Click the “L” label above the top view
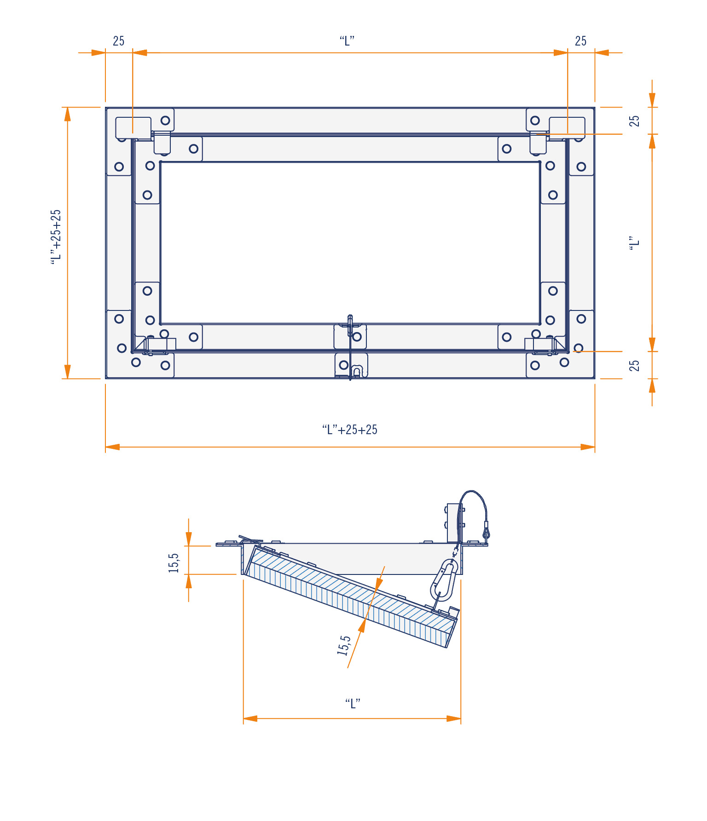(x=347, y=41)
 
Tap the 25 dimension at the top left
(x=119, y=41)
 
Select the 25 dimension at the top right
(x=581, y=41)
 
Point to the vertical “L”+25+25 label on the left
(x=56, y=237)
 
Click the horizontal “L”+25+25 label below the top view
(x=350, y=430)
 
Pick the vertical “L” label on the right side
(x=635, y=243)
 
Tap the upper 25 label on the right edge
(x=635, y=121)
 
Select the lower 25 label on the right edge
(x=635, y=365)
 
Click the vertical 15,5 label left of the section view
(x=174, y=563)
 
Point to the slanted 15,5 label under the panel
(x=344, y=645)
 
